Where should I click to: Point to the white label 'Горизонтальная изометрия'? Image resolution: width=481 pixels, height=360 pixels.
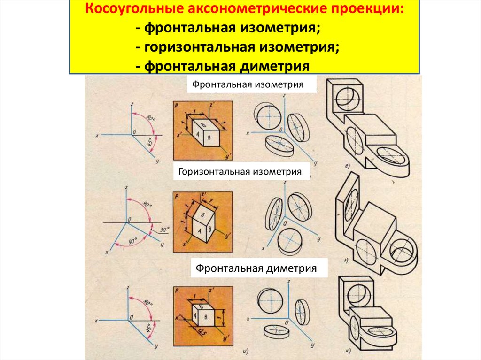click(x=240, y=172)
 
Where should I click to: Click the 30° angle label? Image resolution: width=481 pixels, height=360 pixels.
click(x=163, y=230)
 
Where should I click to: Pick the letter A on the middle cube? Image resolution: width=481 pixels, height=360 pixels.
click(x=198, y=230)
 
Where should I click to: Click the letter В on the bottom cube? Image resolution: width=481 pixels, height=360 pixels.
click(x=206, y=317)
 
